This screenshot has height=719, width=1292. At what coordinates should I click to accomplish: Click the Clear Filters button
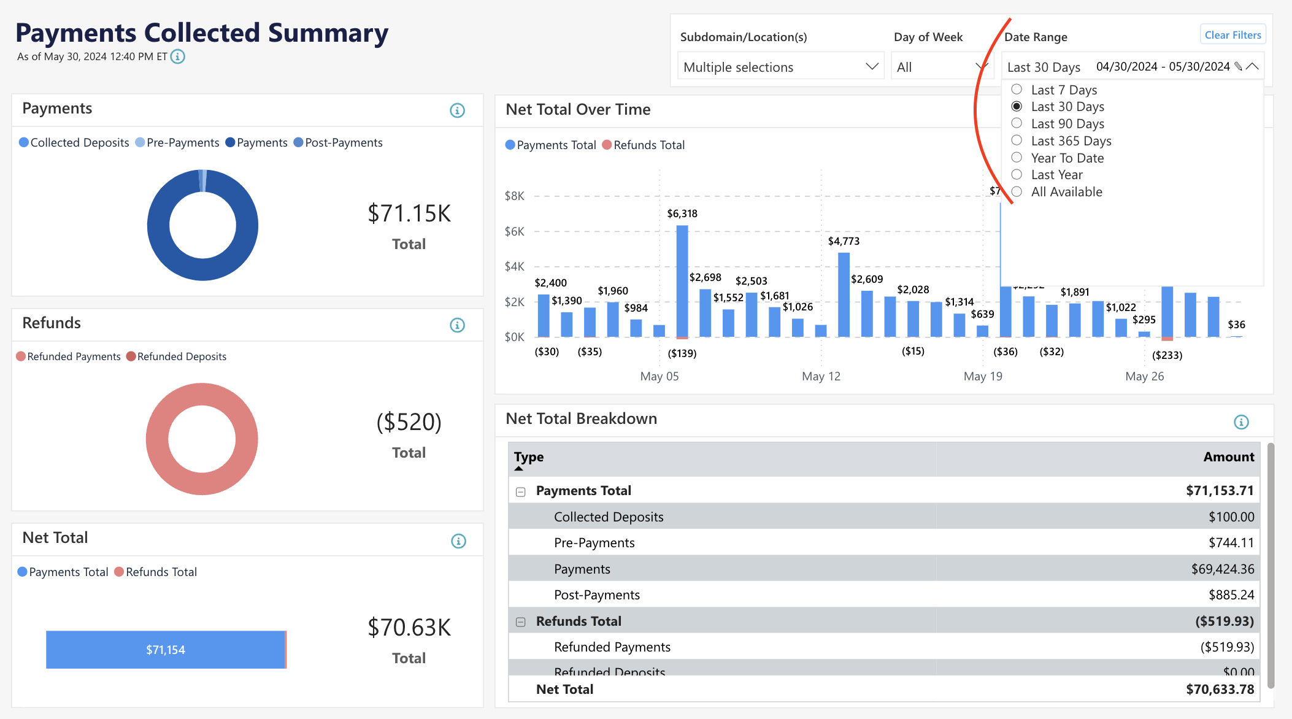click(1232, 35)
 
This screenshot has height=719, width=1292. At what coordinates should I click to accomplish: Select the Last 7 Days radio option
click(1017, 90)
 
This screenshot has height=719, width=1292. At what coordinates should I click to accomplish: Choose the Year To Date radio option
click(1017, 158)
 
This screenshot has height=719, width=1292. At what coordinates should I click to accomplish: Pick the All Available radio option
click(1017, 191)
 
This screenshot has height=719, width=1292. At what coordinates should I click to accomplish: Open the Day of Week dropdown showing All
click(940, 67)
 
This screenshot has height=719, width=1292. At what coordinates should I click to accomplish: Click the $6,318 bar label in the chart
click(682, 213)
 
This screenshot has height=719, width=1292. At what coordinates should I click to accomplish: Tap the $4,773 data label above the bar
click(844, 241)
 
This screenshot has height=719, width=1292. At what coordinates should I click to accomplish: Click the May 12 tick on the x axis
click(821, 376)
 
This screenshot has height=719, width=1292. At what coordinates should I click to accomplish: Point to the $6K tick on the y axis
click(514, 231)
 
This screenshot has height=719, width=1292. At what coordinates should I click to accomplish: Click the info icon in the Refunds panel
click(457, 325)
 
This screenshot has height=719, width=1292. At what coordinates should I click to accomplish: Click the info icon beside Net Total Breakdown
click(1241, 422)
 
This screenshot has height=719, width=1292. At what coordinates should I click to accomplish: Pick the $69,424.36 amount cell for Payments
click(1222, 569)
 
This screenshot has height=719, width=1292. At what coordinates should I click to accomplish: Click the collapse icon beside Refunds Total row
click(521, 621)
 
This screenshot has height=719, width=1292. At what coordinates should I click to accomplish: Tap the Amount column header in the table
click(1228, 457)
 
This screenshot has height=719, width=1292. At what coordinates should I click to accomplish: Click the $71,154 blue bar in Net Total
click(166, 650)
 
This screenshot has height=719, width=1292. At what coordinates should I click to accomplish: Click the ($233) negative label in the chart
click(1167, 355)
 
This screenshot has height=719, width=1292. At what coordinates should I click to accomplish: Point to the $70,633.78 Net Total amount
click(1220, 689)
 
